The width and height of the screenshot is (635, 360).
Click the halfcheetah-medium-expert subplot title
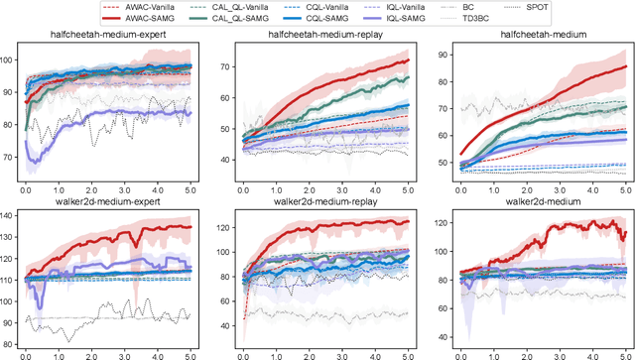pyautogui.click(x=107, y=36)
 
